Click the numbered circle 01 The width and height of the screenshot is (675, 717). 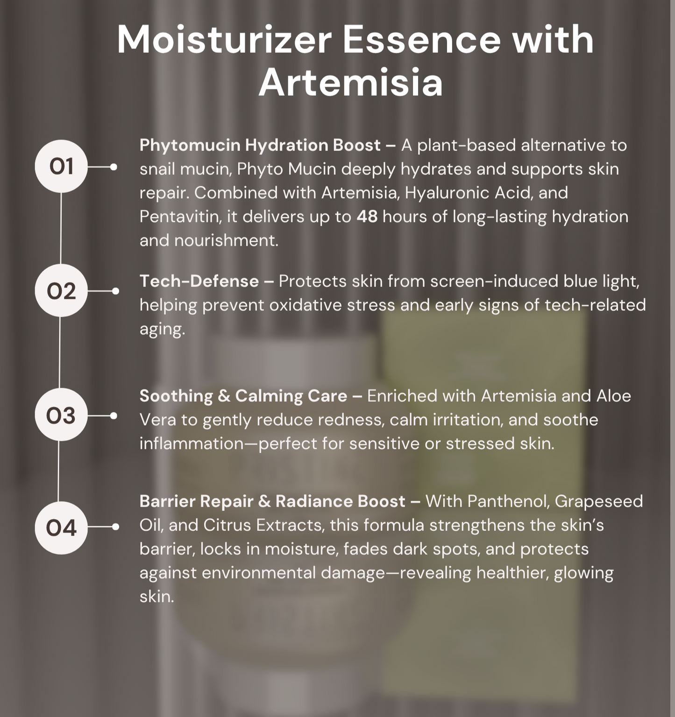click(x=61, y=166)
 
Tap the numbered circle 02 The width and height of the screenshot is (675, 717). click(x=61, y=290)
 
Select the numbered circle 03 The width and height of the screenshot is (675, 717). click(x=61, y=415)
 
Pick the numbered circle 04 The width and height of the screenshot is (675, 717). click(x=61, y=527)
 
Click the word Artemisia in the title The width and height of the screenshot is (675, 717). click(x=351, y=83)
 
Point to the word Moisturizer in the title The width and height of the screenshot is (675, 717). click(x=224, y=40)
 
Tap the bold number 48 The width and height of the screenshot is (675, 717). click(x=367, y=217)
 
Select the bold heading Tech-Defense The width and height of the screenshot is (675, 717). click(x=199, y=281)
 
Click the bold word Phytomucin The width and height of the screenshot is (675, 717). click(x=190, y=146)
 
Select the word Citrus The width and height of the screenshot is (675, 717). click(x=230, y=525)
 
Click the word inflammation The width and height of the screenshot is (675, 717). click(x=192, y=443)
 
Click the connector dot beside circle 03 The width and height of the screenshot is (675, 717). click(x=114, y=415)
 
